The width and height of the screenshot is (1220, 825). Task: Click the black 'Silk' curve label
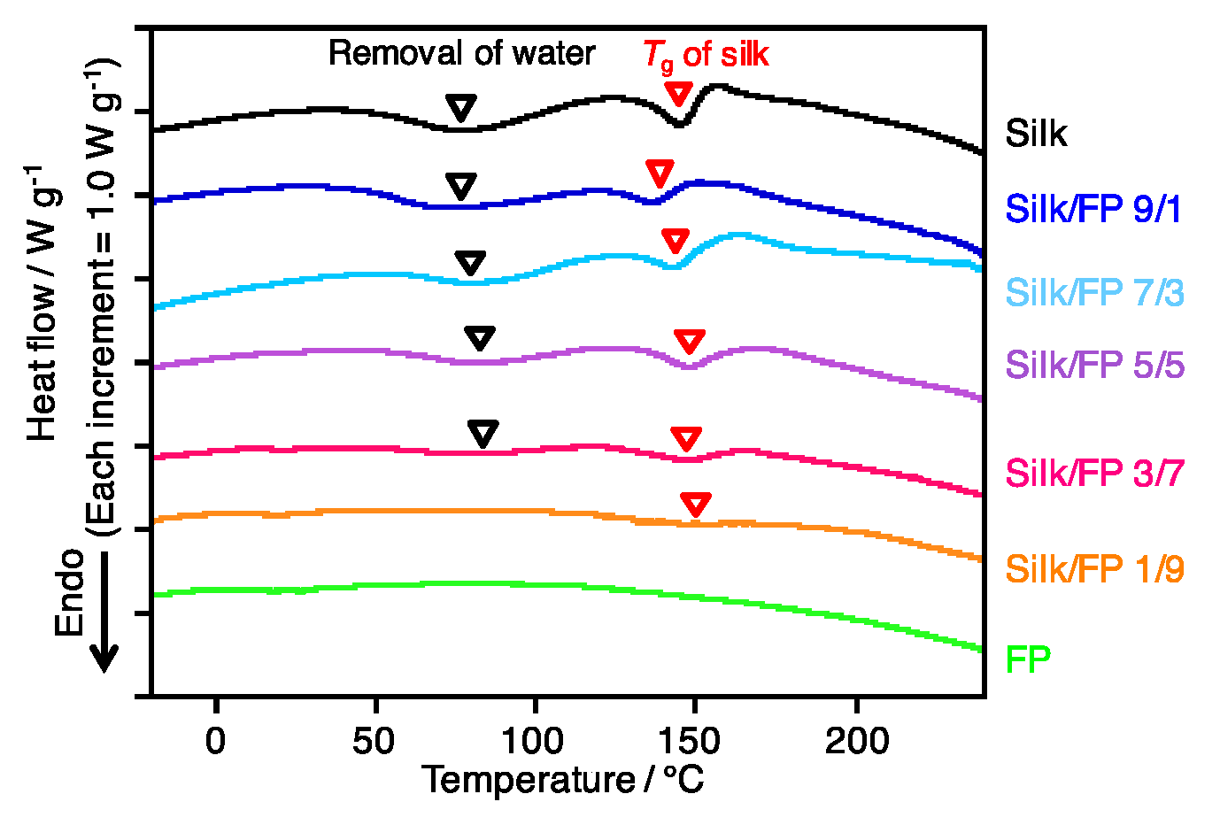[x=1036, y=134]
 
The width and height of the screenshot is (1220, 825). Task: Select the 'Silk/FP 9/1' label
[x=1093, y=209]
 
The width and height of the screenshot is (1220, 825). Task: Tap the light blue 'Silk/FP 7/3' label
[x=1094, y=292]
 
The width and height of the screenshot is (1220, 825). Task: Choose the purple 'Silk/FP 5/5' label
[x=1094, y=365]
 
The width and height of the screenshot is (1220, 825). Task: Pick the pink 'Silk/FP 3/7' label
[x=1094, y=474]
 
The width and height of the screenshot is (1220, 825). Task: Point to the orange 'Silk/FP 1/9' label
[x=1094, y=569]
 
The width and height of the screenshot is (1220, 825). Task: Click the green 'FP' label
[x=1028, y=659]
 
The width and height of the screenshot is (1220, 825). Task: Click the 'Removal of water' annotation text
[x=461, y=54]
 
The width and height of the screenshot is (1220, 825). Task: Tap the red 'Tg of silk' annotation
[x=706, y=55]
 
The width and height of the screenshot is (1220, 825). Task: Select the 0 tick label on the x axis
[x=215, y=741]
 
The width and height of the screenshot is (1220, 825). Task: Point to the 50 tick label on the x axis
[x=374, y=741]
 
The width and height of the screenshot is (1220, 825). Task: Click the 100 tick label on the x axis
[x=535, y=741]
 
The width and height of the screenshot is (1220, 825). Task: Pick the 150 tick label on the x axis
[x=695, y=741]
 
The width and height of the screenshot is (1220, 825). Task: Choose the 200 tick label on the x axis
[x=856, y=741]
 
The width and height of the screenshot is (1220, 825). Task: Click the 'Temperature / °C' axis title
[x=563, y=781]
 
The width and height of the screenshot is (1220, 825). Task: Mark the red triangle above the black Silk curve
[x=679, y=94]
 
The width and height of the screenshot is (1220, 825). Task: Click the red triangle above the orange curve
[x=696, y=505]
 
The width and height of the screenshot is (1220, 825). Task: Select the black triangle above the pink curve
[x=483, y=434]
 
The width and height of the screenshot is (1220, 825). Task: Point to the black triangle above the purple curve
[x=480, y=338]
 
